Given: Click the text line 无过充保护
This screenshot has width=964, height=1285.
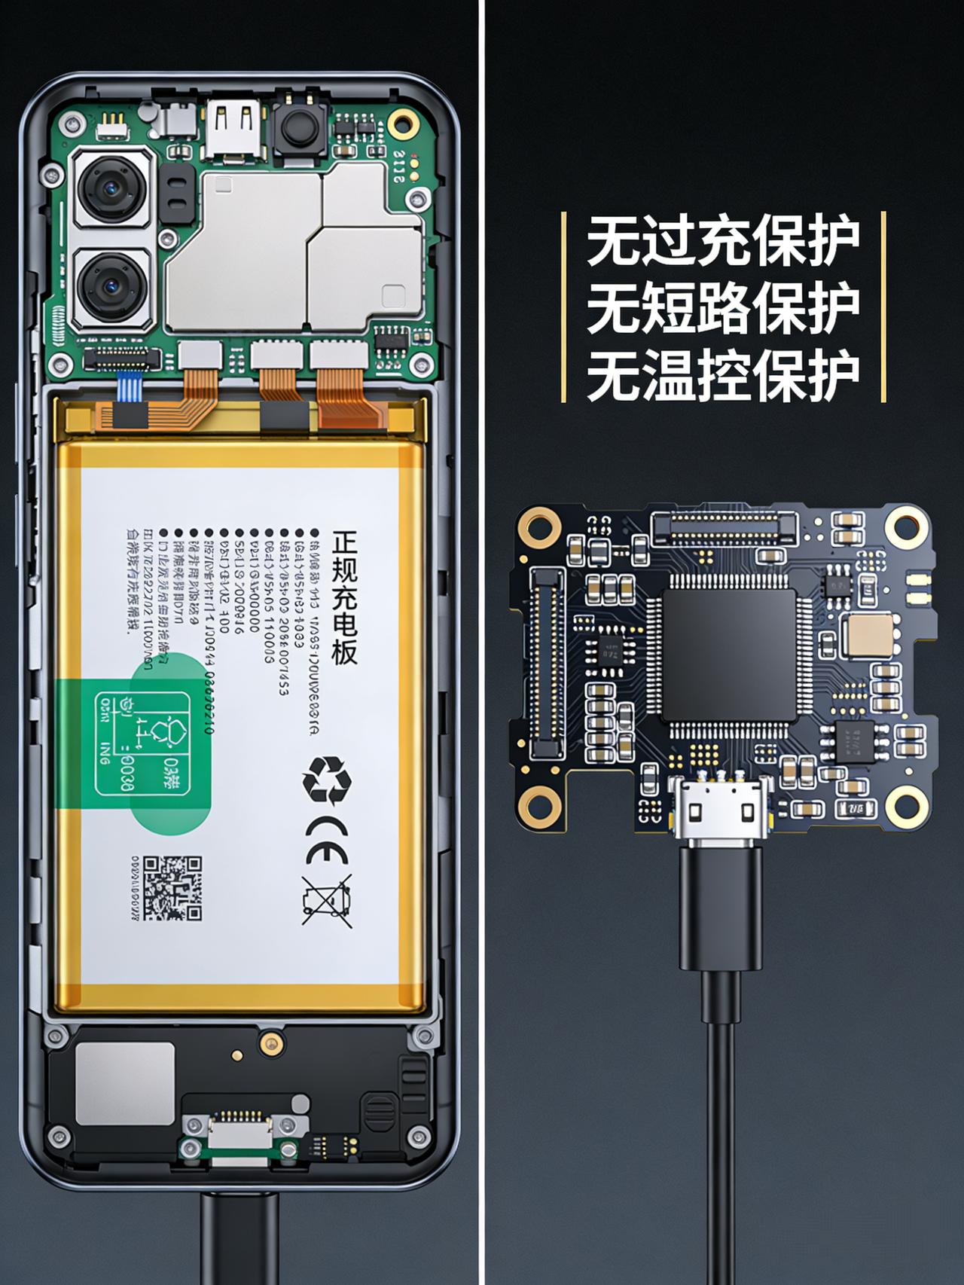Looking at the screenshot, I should [722, 241].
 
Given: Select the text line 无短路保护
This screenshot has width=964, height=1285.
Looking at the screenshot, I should [722, 307].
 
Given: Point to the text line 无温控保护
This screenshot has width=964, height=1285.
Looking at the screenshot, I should [722, 374].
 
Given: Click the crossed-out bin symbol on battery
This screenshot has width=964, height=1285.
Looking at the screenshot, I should [327, 901].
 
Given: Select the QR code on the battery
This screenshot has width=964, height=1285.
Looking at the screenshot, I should [172, 888].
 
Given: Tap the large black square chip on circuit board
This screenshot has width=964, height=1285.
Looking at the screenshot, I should [729, 655].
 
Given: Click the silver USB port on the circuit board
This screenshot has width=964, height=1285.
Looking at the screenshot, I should [720, 812].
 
